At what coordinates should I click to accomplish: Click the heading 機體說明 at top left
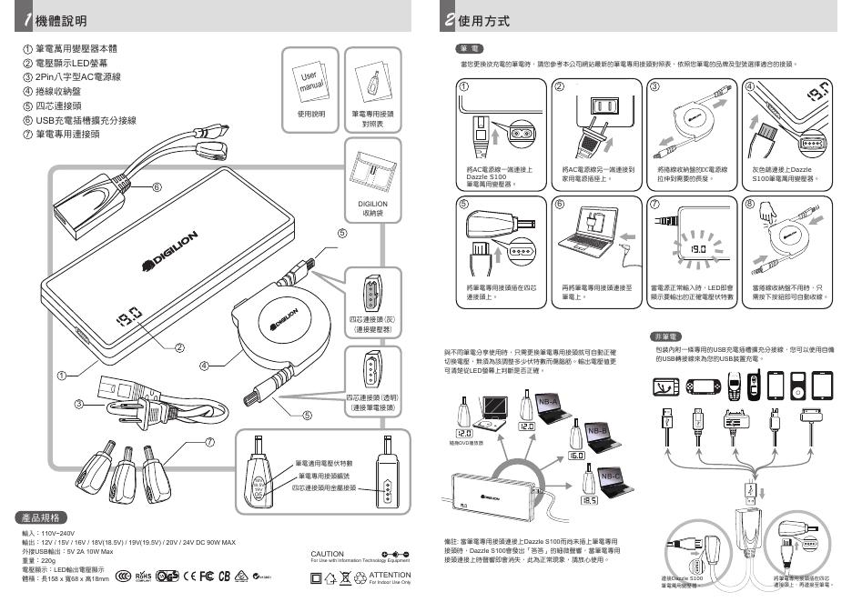pyautogui.click(x=62, y=19)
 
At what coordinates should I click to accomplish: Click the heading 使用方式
pyautogui.click(x=483, y=19)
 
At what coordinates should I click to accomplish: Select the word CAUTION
pyautogui.click(x=327, y=554)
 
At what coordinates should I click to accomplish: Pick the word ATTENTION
pyautogui.click(x=390, y=575)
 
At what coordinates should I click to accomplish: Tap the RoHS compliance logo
pyautogui.click(x=142, y=576)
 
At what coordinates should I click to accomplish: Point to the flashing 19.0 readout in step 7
pyautogui.click(x=697, y=248)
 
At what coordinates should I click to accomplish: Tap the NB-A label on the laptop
pyautogui.click(x=548, y=401)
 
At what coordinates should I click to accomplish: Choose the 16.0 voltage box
pyautogui.click(x=575, y=454)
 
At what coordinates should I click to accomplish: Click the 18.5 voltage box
pyautogui.click(x=588, y=499)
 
